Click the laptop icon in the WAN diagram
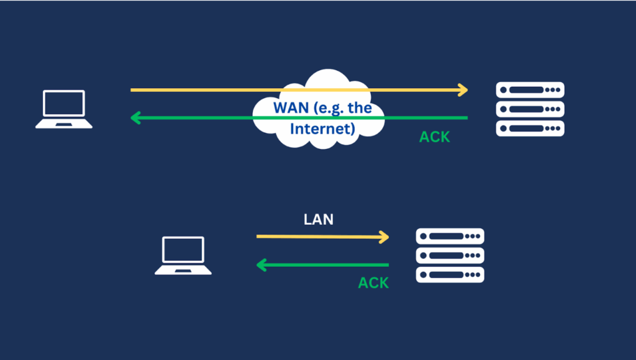63,109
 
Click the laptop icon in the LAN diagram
183,255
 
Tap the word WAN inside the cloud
290,107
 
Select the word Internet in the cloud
322,129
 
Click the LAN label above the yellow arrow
319,218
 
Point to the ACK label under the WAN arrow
435,137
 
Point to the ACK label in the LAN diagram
373,283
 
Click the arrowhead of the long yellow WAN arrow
463,90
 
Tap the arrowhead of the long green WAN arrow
135,118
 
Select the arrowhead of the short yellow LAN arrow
384,236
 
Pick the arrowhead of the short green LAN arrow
261,266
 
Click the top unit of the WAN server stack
530,90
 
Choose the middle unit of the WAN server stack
530,109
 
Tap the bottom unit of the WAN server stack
530,128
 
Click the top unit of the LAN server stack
450,236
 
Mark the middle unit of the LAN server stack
450,255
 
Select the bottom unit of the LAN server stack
450,274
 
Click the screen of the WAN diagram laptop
63,103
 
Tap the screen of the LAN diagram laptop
183,250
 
